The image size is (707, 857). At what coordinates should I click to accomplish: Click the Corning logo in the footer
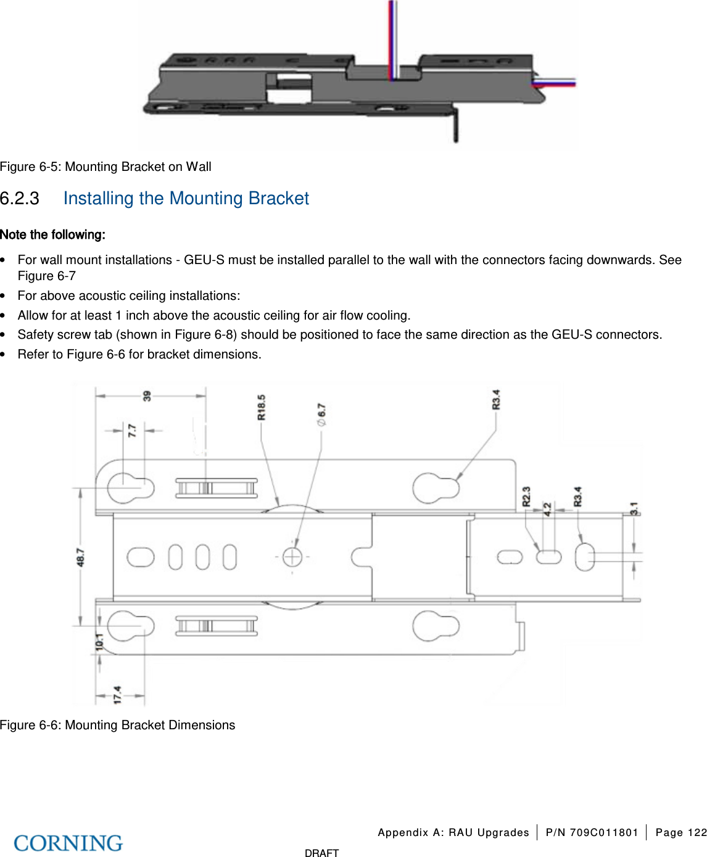click(x=68, y=843)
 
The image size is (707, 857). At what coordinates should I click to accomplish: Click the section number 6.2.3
click(x=20, y=199)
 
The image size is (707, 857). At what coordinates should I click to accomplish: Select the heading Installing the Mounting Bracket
click(x=186, y=199)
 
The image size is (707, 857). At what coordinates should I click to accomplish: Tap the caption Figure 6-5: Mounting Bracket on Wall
click(x=105, y=167)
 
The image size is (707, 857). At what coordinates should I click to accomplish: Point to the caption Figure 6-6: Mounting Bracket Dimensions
click(x=117, y=725)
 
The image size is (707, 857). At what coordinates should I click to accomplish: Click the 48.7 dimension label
click(x=81, y=557)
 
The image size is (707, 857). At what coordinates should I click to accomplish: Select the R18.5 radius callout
click(x=262, y=407)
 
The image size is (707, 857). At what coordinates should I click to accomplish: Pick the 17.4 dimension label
click(x=117, y=694)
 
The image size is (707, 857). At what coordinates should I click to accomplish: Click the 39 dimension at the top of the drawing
click(x=147, y=396)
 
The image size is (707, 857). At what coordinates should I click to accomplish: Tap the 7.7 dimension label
click(x=132, y=430)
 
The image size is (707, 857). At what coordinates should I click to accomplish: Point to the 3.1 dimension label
click(x=634, y=508)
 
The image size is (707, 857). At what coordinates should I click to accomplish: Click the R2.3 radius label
click(x=526, y=497)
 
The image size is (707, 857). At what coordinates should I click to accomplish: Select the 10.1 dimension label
click(x=99, y=642)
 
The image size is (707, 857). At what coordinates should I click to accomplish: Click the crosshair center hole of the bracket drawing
click(x=292, y=557)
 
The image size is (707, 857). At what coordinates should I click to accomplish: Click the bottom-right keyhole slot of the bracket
click(x=435, y=626)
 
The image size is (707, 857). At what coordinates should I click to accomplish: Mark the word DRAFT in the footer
click(x=321, y=853)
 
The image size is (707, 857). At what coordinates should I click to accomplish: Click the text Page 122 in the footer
click(x=680, y=832)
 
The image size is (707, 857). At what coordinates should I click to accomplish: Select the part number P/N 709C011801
click(x=592, y=832)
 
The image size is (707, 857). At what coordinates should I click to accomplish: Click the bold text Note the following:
click(x=52, y=234)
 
